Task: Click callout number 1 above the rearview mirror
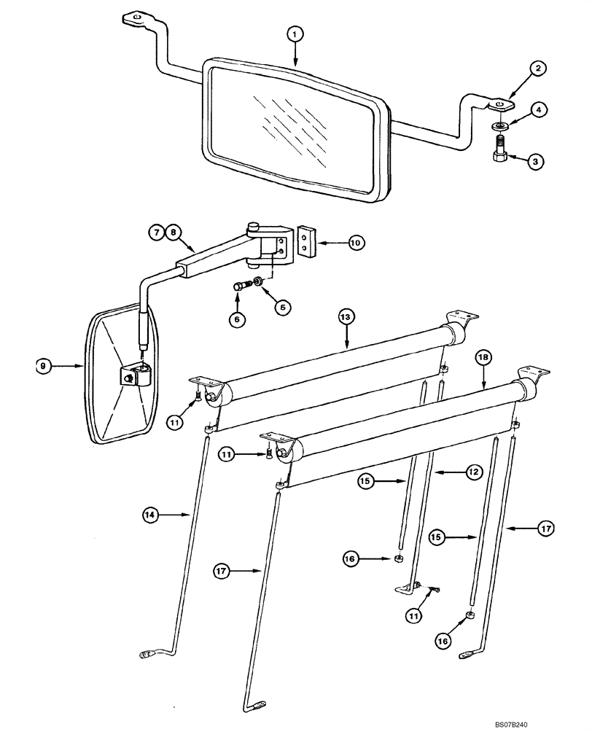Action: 295,34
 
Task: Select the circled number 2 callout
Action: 537,69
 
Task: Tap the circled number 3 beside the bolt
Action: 537,162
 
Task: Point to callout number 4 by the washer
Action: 537,111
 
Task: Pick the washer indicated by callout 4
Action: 499,127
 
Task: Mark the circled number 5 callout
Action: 281,308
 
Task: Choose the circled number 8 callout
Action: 173,233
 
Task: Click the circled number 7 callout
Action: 157,233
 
